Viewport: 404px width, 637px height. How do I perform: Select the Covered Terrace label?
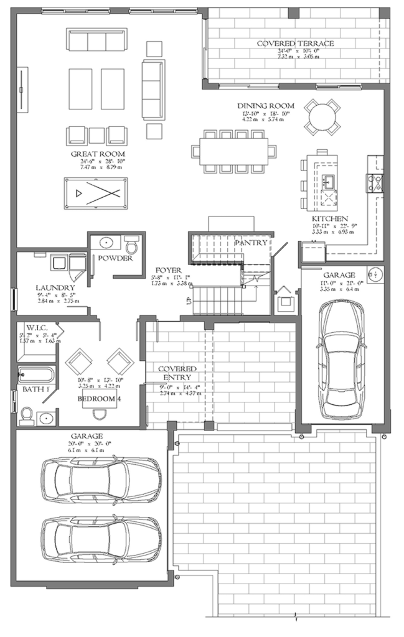pyautogui.click(x=296, y=44)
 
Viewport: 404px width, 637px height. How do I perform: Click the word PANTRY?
pyautogui.click(x=251, y=242)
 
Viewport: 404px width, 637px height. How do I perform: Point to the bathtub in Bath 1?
pyautogui.click(x=37, y=376)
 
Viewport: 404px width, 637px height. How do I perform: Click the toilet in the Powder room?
pyautogui.click(x=130, y=241)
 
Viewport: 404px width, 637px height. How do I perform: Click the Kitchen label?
pyautogui.click(x=330, y=219)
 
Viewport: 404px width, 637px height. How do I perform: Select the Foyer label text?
pyautogui.click(x=167, y=271)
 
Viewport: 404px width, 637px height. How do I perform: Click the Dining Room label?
pyautogui.click(x=266, y=106)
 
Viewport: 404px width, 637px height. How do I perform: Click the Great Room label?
pyautogui.click(x=98, y=154)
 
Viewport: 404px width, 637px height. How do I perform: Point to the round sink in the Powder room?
pyautogui.click(x=103, y=242)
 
